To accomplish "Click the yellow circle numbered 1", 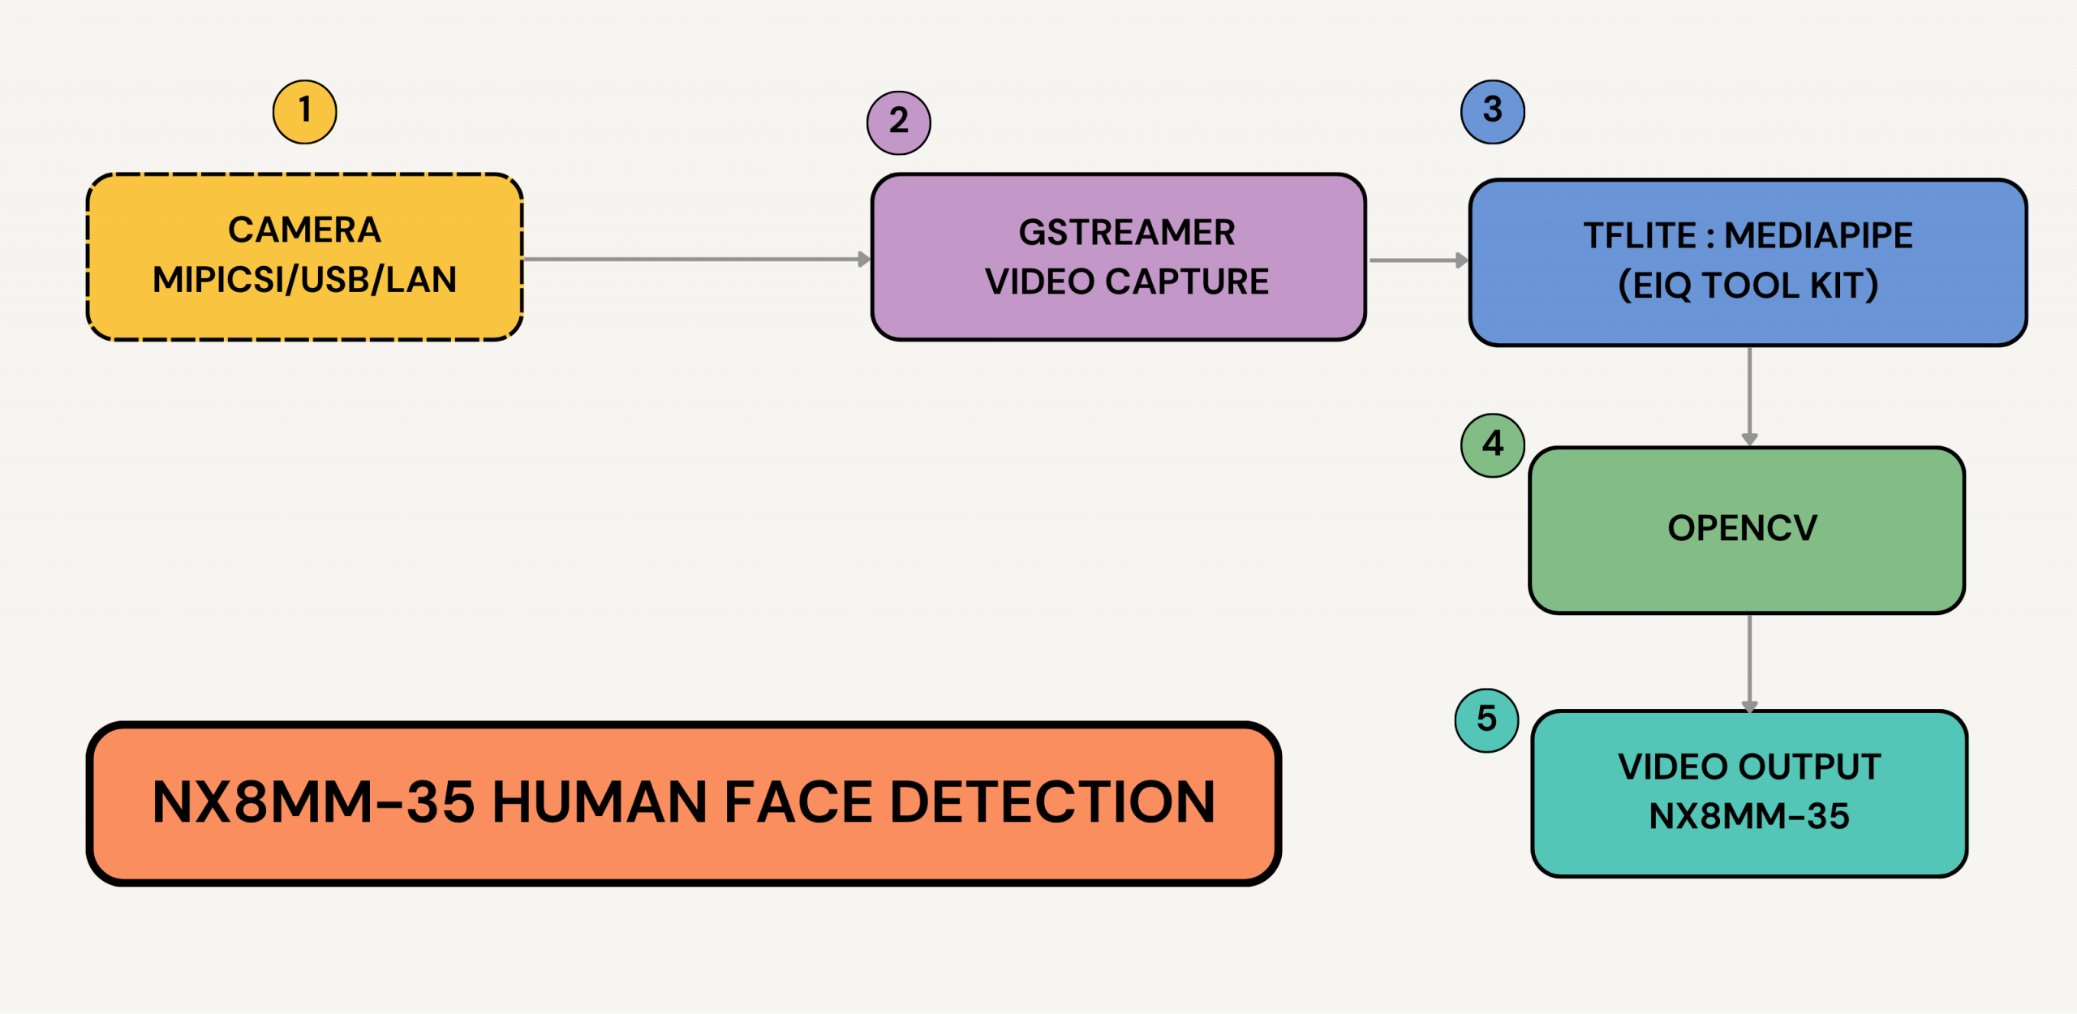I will click(x=304, y=112).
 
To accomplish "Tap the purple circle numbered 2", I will click(x=898, y=122).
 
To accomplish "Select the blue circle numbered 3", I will click(x=1492, y=112).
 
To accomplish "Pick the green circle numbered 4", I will click(x=1492, y=445).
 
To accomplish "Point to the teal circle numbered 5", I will click(x=1486, y=720).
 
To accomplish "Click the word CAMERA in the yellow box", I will click(x=304, y=230).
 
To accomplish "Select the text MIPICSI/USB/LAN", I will click(x=304, y=280).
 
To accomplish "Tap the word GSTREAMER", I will click(x=1126, y=233).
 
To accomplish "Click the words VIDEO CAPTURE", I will click(x=1126, y=282).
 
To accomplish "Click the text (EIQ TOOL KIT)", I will click(x=1748, y=286).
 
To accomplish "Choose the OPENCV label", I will click(x=1742, y=529).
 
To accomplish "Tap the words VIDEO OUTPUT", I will click(x=1748, y=767).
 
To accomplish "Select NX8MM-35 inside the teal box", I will click(x=1748, y=817).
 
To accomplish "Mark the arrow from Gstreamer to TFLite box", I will click(x=1417, y=260).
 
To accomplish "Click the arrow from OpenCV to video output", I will click(x=1749, y=662).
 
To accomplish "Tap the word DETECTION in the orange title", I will click(x=1052, y=803).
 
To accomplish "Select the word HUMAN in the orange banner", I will click(x=600, y=803).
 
